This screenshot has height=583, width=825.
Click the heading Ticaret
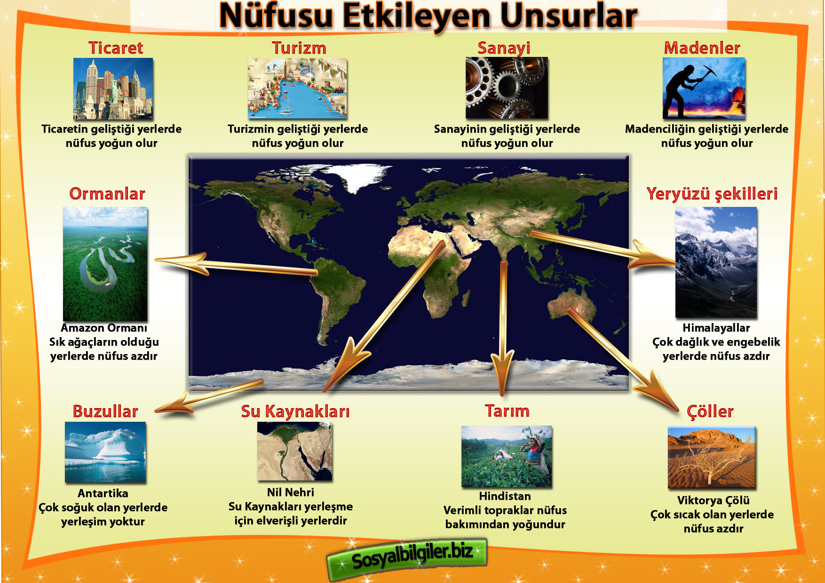[116, 48]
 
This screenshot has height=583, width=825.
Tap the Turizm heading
[299, 48]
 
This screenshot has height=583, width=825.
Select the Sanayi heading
[504, 48]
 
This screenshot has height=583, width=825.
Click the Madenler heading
[702, 48]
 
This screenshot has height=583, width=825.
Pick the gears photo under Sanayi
[507, 88]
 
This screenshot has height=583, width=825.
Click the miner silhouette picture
[704, 88]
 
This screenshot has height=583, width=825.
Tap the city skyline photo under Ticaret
[113, 89]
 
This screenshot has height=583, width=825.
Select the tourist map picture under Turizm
[297, 88]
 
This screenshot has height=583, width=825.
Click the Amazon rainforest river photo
[105, 264]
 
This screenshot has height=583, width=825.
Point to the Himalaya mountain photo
[716, 262]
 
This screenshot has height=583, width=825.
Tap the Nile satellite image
[295, 451]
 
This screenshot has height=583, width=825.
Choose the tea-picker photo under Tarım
[507, 457]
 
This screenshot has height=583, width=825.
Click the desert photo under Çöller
[712, 457]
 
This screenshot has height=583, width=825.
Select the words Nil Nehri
[291, 492]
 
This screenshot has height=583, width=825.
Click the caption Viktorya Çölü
[713, 500]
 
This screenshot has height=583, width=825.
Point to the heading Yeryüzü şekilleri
[712, 194]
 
